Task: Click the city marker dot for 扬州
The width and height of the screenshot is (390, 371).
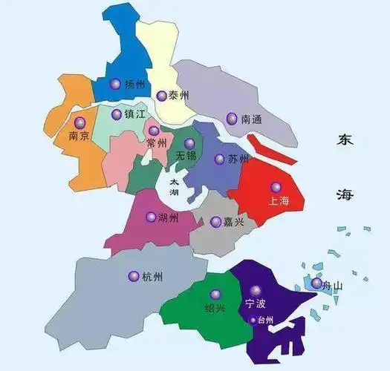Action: coord(114,84)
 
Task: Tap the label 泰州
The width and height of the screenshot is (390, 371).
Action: coord(178,96)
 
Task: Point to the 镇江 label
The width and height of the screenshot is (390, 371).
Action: coord(136,114)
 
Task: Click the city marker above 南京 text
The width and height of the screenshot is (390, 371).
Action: coord(79,122)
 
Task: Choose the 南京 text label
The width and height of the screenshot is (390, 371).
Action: coord(79,137)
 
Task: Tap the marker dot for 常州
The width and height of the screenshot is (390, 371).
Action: coord(154,131)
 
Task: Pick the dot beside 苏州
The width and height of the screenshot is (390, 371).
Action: coord(220,159)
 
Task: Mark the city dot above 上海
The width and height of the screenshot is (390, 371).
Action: coord(276,188)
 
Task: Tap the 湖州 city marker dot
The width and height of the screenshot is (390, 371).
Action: coord(152,217)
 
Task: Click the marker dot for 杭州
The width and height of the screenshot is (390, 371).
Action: coord(134,276)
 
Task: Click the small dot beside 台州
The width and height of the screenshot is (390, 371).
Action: coord(253,321)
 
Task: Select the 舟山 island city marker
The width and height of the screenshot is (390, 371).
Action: coord(316,283)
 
